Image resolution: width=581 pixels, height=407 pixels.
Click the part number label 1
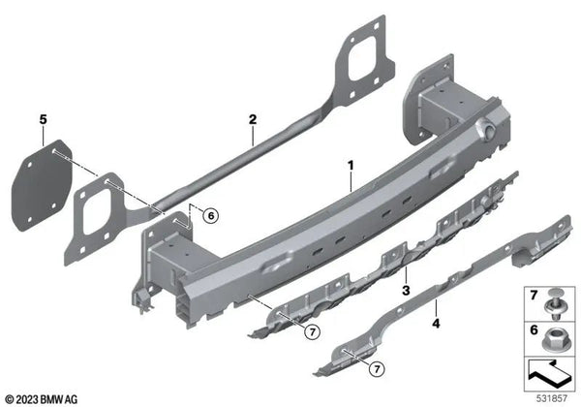pyautogui.click(x=351, y=166)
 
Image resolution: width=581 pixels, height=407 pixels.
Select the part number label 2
pyautogui.click(x=253, y=119)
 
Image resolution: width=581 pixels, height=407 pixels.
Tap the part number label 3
pyautogui.click(x=406, y=291)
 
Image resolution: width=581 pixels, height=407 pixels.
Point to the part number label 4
pyautogui.click(x=436, y=324)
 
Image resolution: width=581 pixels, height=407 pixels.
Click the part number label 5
pyautogui.click(x=44, y=120)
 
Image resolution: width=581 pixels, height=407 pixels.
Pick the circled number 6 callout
pyautogui.click(x=211, y=215)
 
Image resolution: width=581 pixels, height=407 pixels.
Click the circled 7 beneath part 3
pyautogui.click(x=313, y=331)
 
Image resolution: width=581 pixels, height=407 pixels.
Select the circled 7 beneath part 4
pyautogui.click(x=377, y=369)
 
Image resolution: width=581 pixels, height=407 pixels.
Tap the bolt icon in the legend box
pyautogui.click(x=553, y=304)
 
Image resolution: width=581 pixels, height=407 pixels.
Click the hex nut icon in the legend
pyautogui.click(x=553, y=340)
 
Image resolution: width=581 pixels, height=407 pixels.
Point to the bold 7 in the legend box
pyautogui.click(x=534, y=295)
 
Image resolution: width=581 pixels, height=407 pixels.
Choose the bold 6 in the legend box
pyautogui.click(x=534, y=329)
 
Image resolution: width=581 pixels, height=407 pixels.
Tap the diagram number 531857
pyautogui.click(x=552, y=398)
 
